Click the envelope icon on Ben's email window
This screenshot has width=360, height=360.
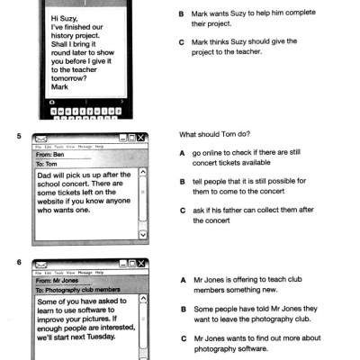pyautogui.click(x=40, y=139)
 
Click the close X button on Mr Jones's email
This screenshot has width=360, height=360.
pyautogui.click(x=142, y=263)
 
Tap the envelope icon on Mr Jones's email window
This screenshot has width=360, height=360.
pyautogui.click(x=40, y=264)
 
